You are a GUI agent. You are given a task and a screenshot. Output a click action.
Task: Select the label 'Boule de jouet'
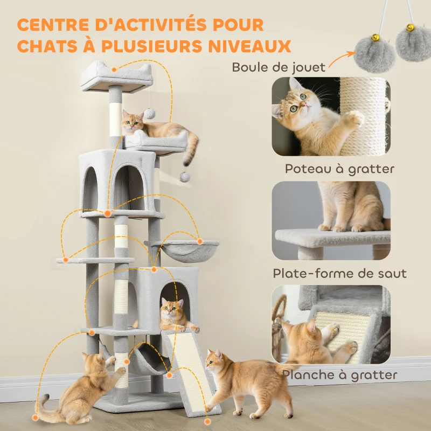(279, 67)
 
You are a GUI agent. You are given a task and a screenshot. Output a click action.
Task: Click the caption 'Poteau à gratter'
(339, 169)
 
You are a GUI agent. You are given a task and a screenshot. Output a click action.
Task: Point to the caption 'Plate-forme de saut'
(339, 273)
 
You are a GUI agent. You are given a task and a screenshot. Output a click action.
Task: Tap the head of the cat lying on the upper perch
(133, 121)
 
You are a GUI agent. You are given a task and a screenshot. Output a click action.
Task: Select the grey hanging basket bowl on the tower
(185, 251)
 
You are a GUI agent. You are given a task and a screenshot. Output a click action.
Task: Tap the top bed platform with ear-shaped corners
(117, 76)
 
